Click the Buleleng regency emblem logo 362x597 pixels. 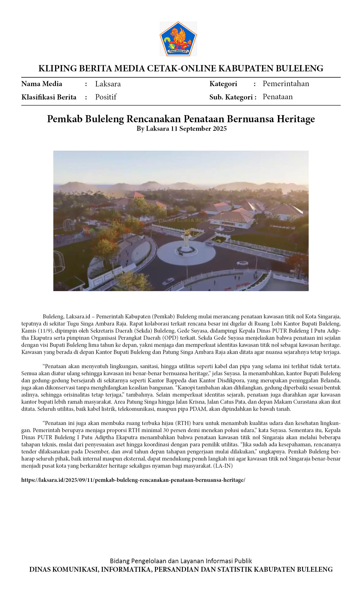pyautogui.click(x=178, y=39)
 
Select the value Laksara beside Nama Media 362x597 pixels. pyautogui.click(x=108, y=84)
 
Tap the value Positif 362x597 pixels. pyautogui.click(x=106, y=97)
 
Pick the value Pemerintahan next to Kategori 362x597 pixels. pyautogui.click(x=286, y=84)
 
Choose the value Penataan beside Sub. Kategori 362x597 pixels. pyautogui.click(x=277, y=97)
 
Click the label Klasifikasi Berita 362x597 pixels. pyautogui.click(x=49, y=97)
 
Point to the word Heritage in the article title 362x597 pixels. pyautogui.click(x=296, y=119)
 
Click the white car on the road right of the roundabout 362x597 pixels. pyautogui.click(x=242, y=263)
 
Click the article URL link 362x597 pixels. pyautogui.click(x=133, y=480)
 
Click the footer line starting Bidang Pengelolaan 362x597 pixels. pyautogui.click(x=181, y=561)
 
